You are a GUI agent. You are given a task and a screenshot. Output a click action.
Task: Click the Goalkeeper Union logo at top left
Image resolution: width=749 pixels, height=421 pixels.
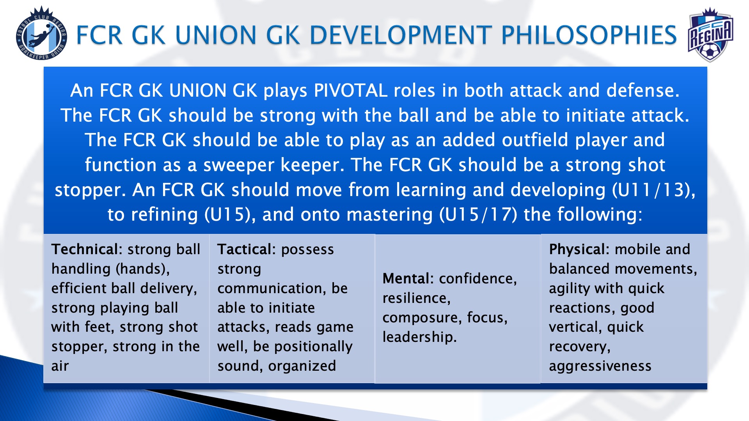click(41, 34)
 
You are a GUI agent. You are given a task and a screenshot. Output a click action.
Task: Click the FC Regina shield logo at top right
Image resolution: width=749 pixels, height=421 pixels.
click(710, 35)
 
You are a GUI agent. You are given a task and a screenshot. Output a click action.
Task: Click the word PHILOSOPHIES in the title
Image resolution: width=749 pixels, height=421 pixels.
click(589, 35)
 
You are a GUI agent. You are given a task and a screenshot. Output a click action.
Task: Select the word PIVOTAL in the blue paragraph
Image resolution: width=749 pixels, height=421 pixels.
click(351, 90)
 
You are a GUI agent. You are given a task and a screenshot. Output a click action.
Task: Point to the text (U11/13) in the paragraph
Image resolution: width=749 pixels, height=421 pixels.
click(653, 190)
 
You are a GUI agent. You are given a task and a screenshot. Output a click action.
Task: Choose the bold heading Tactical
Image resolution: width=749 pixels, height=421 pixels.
click(247, 249)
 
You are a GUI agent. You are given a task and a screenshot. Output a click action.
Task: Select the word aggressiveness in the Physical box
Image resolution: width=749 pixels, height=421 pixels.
click(600, 366)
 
